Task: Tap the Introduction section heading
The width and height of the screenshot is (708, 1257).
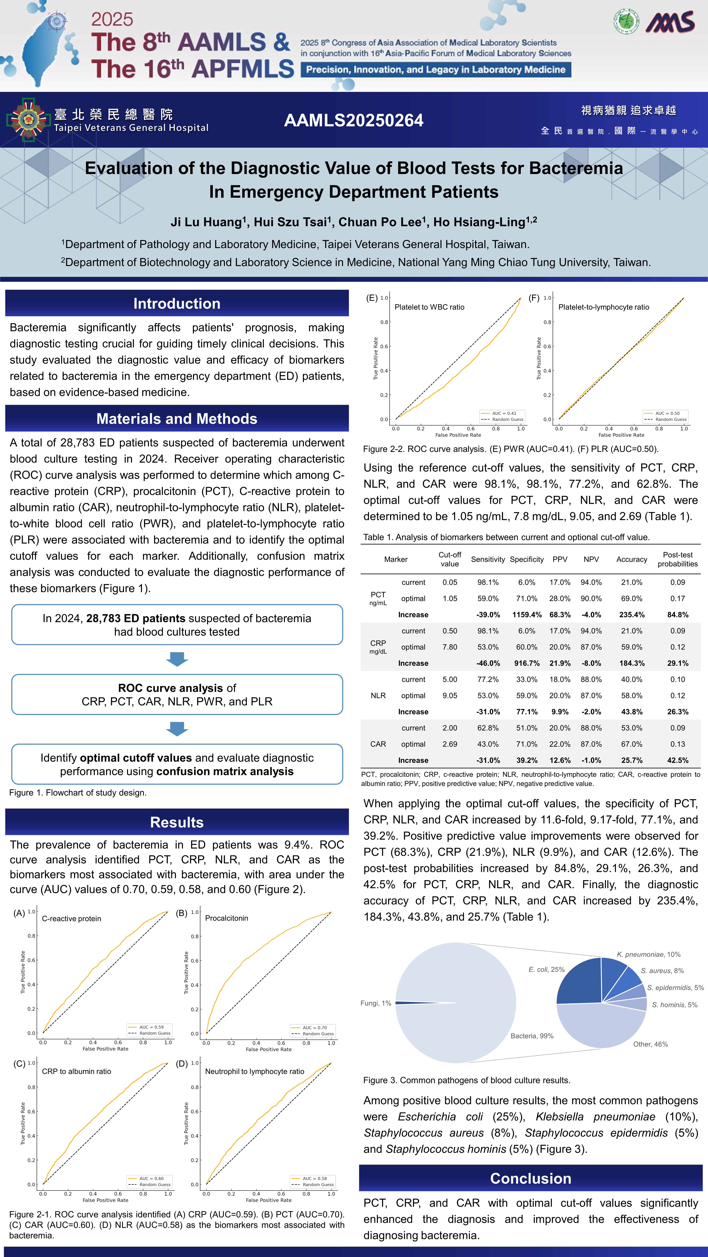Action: tap(177, 304)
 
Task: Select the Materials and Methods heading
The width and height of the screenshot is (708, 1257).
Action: tap(177, 419)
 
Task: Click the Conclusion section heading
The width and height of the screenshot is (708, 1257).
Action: tap(530, 1178)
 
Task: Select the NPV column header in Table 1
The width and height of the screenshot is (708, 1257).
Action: tap(591, 559)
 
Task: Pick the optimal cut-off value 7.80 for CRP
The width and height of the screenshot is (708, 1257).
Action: tap(450, 647)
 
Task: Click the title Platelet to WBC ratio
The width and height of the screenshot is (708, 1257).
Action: tap(429, 307)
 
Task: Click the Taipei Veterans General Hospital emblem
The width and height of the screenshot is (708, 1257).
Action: tap(28, 120)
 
